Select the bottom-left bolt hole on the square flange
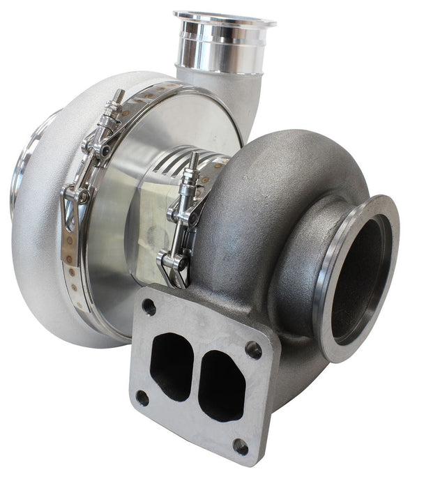coord(142,397)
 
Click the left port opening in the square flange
coord(171,365)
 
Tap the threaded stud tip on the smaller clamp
coord(193,158)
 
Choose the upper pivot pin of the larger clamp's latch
coord(98,149)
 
